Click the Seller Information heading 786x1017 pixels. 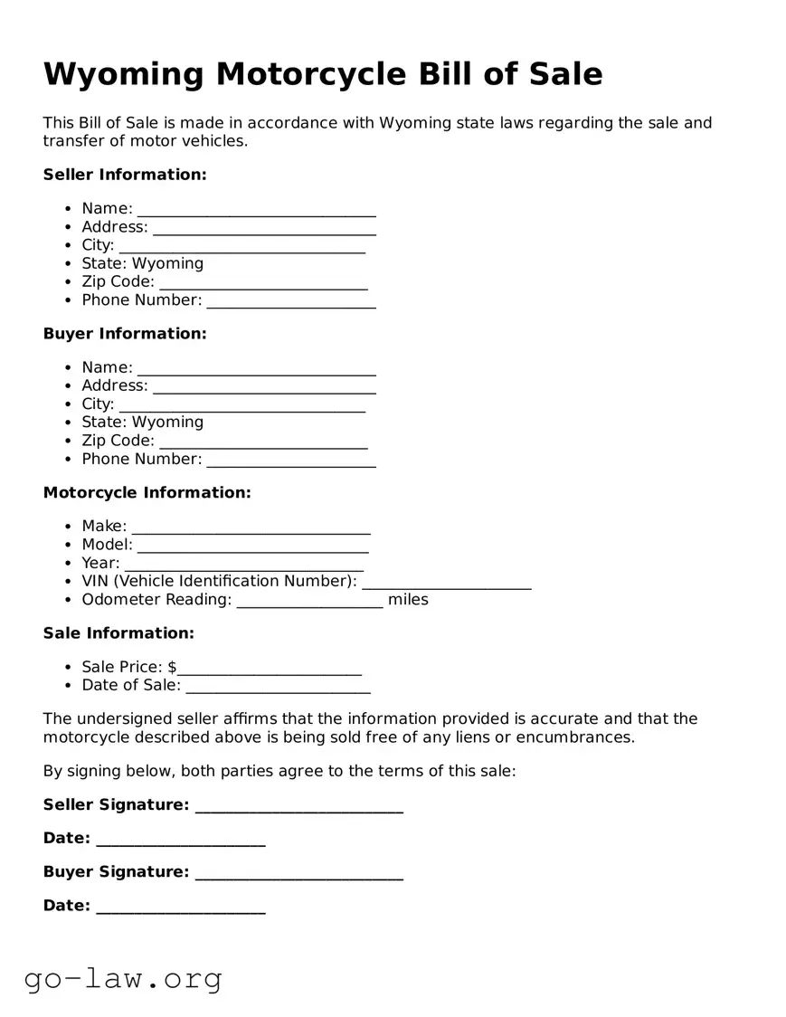[x=125, y=175]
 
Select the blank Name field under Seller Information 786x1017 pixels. [x=256, y=210]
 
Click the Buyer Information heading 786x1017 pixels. [x=125, y=334]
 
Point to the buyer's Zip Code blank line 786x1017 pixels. [x=263, y=442]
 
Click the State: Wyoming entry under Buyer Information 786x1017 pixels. [x=142, y=423]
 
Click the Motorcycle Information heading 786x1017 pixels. [x=147, y=493]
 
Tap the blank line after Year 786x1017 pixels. [x=243, y=564]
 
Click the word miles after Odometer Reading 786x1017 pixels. [x=408, y=600]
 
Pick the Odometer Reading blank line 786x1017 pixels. [x=309, y=601]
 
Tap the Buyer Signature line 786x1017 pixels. [x=298, y=873]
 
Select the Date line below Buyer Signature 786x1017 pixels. [x=180, y=907]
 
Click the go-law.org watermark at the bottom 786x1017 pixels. [x=123, y=978]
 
